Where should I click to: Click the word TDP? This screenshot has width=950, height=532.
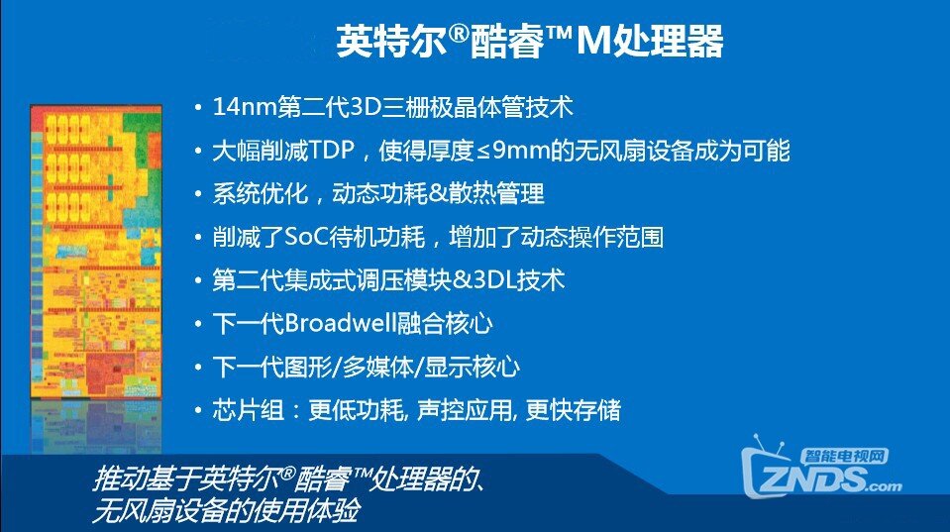pyautogui.click(x=332, y=151)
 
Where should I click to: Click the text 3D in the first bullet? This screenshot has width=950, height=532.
pyautogui.click(x=366, y=107)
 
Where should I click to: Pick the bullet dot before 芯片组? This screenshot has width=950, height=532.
pyautogui.click(x=197, y=410)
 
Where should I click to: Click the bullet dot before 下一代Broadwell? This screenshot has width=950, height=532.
pyautogui.click(x=197, y=324)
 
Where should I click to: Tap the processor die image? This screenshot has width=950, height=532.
pyautogui.click(x=96, y=252)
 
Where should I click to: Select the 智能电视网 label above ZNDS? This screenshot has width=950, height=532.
pyautogui.click(x=845, y=457)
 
